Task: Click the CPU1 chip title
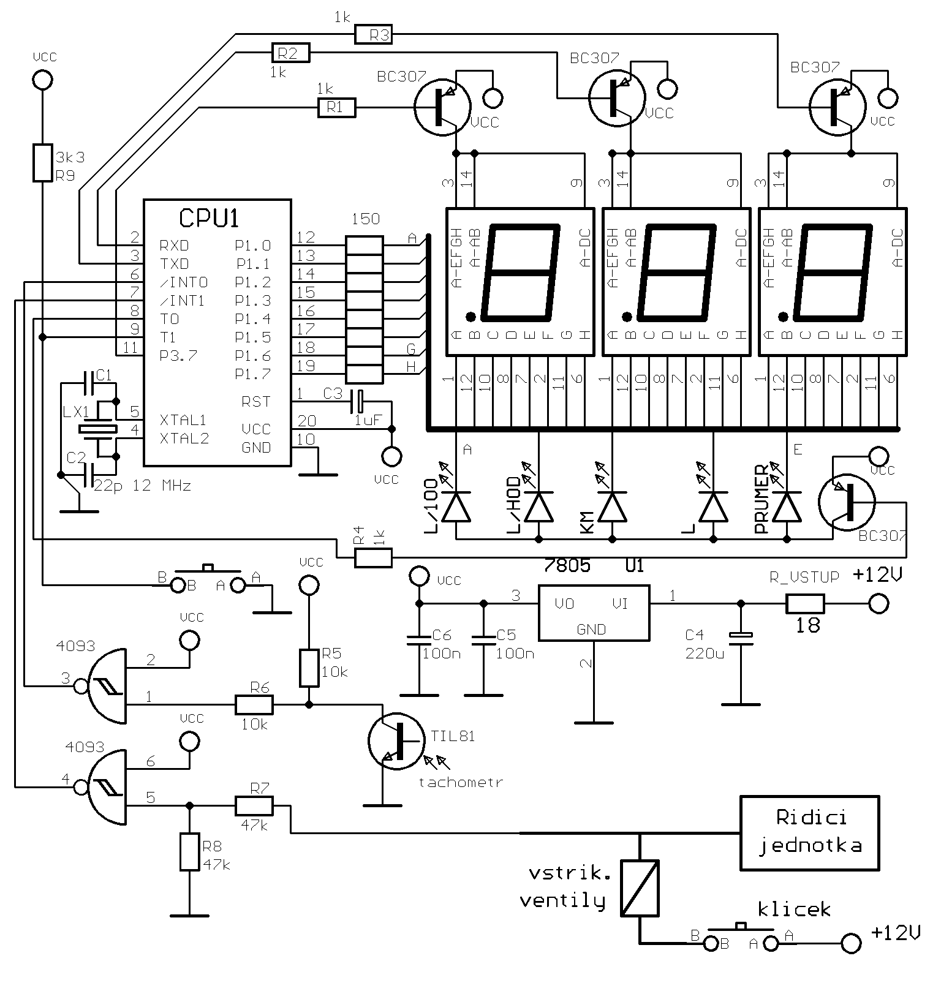pos(209,218)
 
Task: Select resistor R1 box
pos(336,108)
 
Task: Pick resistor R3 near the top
pos(373,35)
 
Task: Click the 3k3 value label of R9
pos(70,157)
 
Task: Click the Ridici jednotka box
pos(809,832)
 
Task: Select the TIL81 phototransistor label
pos(453,736)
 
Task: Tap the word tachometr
pos(460,782)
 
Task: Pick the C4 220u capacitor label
pos(705,644)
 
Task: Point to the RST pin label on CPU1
pos(255,402)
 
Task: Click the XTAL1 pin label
pos(183,420)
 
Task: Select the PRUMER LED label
pos(761,499)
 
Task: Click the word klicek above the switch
pos(794,909)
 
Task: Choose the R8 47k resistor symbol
pos(189,851)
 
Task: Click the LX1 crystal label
pos(76,412)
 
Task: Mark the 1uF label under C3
pos(368,420)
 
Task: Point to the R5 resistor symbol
pos(309,668)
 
